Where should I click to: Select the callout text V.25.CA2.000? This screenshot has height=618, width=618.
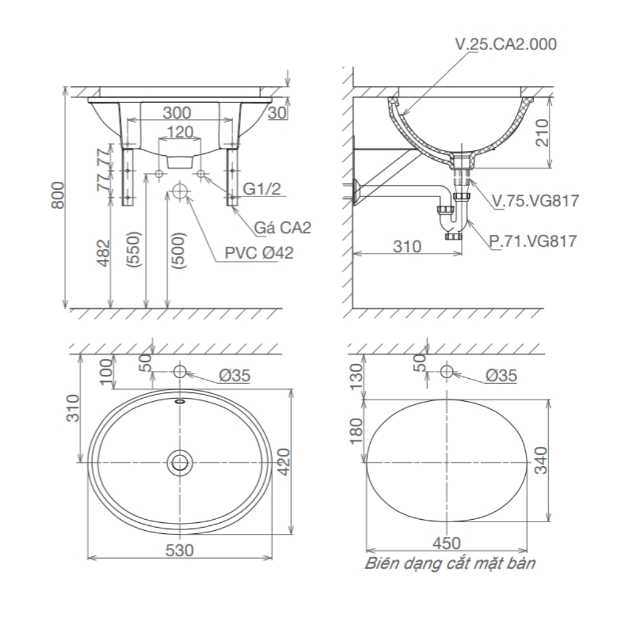click(506, 44)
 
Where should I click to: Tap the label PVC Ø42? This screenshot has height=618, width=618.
click(259, 252)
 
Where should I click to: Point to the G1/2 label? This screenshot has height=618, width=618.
click(261, 189)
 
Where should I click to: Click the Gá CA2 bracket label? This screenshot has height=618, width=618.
click(283, 227)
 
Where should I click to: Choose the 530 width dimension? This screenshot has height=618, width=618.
click(180, 549)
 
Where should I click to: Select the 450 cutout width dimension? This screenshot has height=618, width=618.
click(447, 543)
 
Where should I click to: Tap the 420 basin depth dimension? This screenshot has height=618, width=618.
click(284, 461)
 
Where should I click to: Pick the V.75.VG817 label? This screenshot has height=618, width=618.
click(535, 201)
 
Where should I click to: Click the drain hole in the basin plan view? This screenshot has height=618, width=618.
click(180, 462)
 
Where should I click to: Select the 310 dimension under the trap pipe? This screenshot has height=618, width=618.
click(408, 247)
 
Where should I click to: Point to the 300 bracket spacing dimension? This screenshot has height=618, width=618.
click(177, 112)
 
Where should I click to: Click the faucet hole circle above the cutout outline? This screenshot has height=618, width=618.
click(447, 372)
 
